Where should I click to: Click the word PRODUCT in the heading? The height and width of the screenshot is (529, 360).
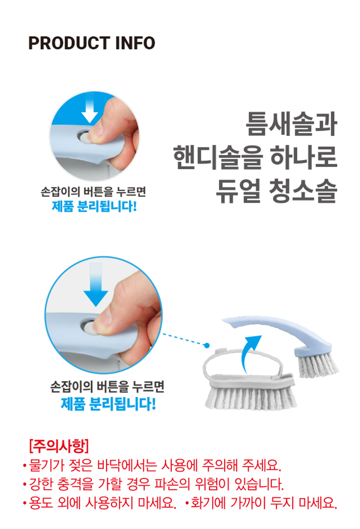69,43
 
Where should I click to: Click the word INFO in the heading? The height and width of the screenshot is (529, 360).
135,43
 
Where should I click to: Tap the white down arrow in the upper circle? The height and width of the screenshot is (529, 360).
89,108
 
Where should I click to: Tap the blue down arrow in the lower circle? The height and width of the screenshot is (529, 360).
96,284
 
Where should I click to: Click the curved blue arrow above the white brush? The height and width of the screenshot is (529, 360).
248,349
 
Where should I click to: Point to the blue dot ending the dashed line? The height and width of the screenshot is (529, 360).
207,346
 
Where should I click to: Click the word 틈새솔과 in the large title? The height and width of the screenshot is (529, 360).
291,124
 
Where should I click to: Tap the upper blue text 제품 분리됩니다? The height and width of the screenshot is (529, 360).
94,206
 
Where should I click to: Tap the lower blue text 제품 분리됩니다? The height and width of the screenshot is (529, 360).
108,404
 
